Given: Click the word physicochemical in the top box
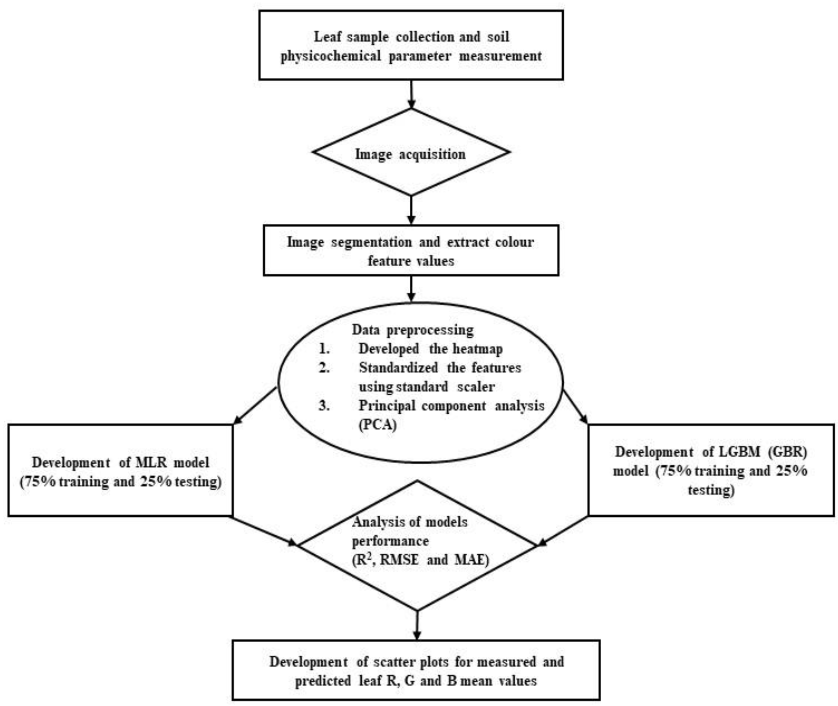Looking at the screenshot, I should (331, 56).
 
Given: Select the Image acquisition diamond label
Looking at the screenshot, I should (410, 155).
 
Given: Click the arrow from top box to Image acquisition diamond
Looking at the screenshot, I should (411, 94).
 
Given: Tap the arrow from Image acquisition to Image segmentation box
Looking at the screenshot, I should (411, 210).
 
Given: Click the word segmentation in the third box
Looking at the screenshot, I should (371, 242).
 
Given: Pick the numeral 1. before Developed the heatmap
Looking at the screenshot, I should (324, 349).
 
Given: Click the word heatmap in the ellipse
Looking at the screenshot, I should (478, 349).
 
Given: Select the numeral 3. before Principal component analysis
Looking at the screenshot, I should (324, 406).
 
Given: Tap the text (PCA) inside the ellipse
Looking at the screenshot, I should (377, 425).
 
